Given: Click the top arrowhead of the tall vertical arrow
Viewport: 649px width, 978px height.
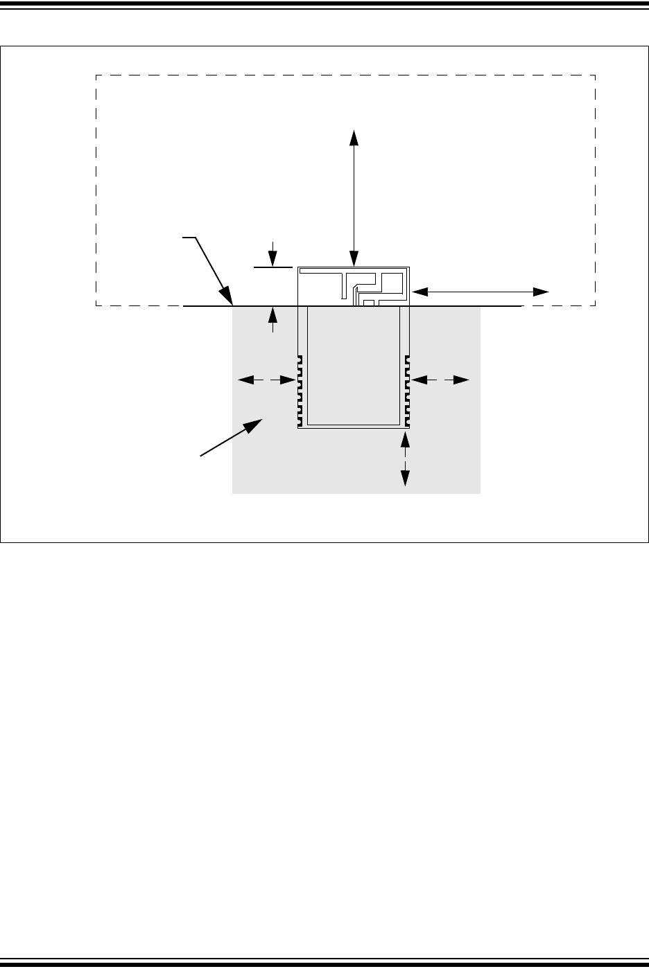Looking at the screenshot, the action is [354, 136].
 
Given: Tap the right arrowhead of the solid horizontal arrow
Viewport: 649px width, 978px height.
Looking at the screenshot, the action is [542, 292].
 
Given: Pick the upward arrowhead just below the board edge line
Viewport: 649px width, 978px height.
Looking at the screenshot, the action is [274, 314].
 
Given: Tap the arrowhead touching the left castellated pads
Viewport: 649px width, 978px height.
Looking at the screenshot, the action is [291, 380].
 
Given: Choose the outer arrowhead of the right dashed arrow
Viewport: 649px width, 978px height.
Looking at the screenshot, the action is [463, 380].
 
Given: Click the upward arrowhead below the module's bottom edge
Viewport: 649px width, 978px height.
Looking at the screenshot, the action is [406, 437].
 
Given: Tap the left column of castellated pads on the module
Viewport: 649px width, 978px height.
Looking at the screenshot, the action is [300, 390].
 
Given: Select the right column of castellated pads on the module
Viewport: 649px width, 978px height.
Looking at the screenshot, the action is [408, 390].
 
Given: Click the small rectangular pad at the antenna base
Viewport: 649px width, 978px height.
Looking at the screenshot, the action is [369, 303].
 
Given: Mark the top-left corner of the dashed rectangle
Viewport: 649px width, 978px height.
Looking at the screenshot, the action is [96, 75].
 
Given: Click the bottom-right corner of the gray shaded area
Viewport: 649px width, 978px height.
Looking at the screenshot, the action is [480, 494].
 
